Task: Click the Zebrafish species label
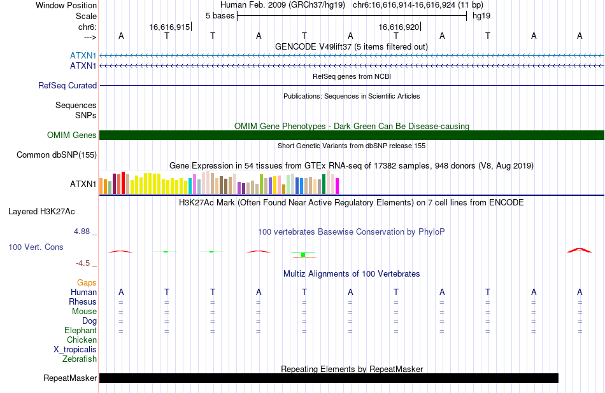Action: point(80,359)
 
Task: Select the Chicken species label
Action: point(82,340)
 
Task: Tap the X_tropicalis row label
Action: point(75,350)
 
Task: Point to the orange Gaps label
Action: point(87,283)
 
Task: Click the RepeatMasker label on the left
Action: point(70,378)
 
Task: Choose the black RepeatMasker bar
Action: point(329,378)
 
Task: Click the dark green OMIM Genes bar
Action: point(352,135)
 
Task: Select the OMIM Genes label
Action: point(72,135)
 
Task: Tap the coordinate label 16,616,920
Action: point(399,27)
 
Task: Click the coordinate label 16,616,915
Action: point(170,27)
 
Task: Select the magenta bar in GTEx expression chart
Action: point(338,186)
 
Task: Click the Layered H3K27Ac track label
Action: point(41,212)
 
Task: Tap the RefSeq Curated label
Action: point(68,86)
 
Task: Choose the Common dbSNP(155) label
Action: point(57,155)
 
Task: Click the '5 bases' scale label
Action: point(220,16)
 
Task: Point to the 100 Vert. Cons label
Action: point(36,247)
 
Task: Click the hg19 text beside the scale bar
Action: point(481,16)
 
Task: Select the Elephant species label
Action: point(81,331)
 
